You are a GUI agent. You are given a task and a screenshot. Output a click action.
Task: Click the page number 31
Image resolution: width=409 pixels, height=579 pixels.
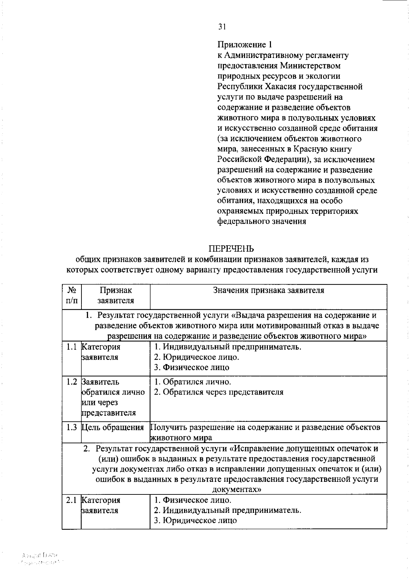coord(222,27)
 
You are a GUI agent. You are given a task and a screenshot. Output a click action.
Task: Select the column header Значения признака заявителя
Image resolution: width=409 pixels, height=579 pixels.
coord(268,291)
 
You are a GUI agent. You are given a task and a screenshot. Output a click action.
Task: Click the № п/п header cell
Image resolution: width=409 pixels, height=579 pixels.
coord(72,296)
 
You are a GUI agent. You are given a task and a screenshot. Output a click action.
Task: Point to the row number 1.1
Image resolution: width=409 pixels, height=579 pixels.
coord(72,347)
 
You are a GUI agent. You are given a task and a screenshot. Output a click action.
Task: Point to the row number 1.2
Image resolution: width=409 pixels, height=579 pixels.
coord(72,382)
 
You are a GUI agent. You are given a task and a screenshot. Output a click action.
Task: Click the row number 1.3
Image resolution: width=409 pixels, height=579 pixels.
coord(72,427)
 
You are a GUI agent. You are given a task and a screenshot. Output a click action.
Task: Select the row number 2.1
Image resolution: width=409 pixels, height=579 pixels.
coord(72,500)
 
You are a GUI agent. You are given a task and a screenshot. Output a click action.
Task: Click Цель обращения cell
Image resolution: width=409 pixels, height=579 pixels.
coord(113,427)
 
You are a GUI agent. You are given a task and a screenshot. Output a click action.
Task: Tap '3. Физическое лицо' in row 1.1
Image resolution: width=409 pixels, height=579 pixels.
coord(192,368)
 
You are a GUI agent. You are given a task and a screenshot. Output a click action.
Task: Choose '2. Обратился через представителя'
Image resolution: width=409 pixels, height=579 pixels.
coord(218,392)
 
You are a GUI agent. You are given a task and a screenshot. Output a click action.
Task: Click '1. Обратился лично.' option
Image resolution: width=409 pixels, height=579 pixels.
coord(192,382)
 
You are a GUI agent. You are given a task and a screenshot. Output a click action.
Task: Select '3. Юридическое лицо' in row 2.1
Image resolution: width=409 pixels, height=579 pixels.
coord(195,521)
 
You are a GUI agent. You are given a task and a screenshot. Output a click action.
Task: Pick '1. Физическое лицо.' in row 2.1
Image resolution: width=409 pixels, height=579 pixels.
coord(193,500)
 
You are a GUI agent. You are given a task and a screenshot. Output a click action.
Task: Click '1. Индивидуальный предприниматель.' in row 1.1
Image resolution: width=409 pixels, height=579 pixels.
coord(228,347)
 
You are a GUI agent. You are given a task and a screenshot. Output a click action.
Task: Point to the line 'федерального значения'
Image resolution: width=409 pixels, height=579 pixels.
coord(261,222)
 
